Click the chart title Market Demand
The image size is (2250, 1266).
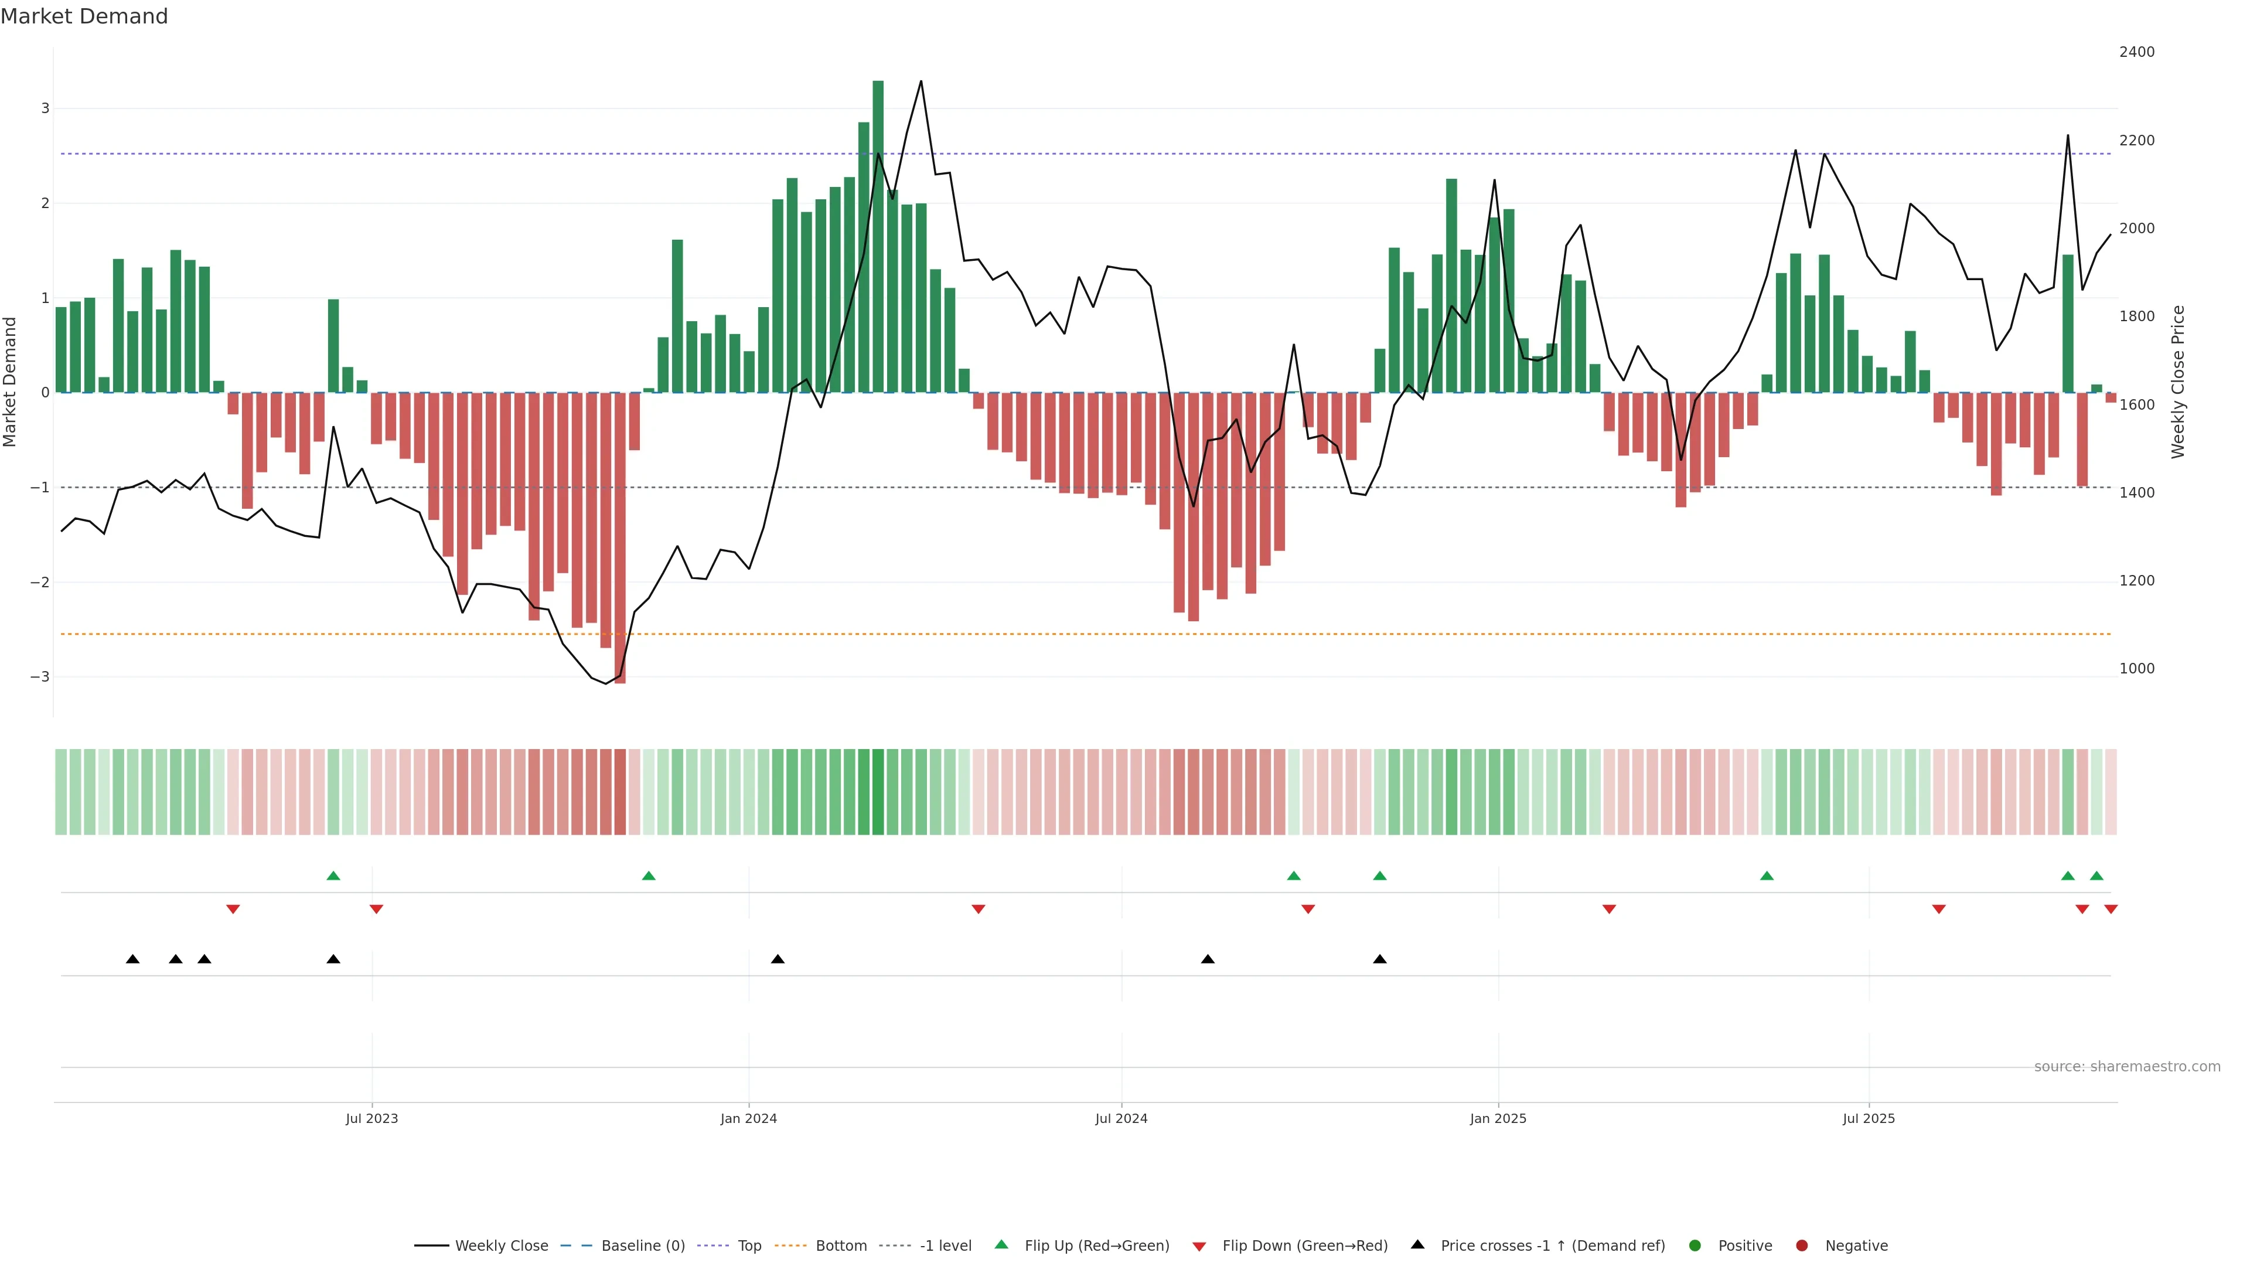click(x=84, y=16)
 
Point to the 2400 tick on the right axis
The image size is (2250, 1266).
click(x=2136, y=52)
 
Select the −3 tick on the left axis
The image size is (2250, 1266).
click(x=40, y=677)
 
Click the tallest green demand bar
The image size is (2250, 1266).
click(x=878, y=236)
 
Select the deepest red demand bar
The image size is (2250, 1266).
click(x=620, y=537)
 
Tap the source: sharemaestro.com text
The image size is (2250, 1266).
click(x=2127, y=1067)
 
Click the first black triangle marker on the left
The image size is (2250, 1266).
click(x=133, y=959)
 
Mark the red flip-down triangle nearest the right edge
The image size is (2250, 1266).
click(x=2111, y=910)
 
